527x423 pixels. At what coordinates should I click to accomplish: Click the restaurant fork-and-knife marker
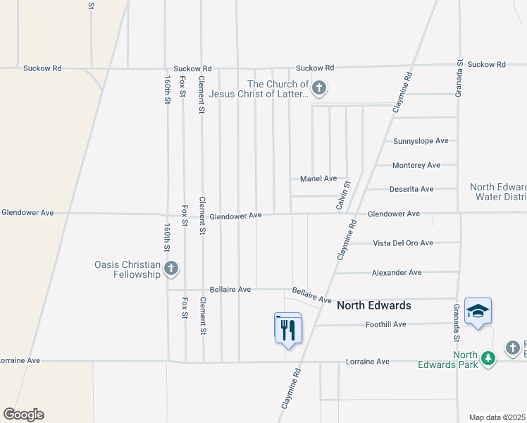(287, 329)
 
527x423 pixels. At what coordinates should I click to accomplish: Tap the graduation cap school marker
(478, 311)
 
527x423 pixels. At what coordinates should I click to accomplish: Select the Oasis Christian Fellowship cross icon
(170, 268)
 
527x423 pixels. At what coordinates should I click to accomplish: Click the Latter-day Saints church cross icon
(319, 89)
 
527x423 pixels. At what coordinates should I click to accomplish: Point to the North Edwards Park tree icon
(488, 359)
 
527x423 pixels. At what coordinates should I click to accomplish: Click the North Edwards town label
(373, 306)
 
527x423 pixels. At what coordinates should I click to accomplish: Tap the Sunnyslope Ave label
(421, 141)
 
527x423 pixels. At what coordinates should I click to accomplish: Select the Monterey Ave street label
(416, 165)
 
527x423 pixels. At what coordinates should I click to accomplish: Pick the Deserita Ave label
(411, 189)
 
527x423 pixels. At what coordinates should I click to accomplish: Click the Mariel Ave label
(318, 179)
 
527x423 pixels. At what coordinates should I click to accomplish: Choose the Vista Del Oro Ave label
(403, 243)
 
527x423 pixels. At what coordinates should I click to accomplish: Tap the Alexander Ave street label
(397, 272)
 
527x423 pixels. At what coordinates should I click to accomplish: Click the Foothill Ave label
(386, 324)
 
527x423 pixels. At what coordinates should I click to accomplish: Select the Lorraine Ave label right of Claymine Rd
(368, 362)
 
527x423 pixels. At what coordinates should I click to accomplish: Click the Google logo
(23, 415)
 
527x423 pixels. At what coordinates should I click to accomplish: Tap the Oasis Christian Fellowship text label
(128, 269)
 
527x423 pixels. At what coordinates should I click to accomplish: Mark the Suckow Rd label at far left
(42, 68)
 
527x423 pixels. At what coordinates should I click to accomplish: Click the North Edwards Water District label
(500, 192)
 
